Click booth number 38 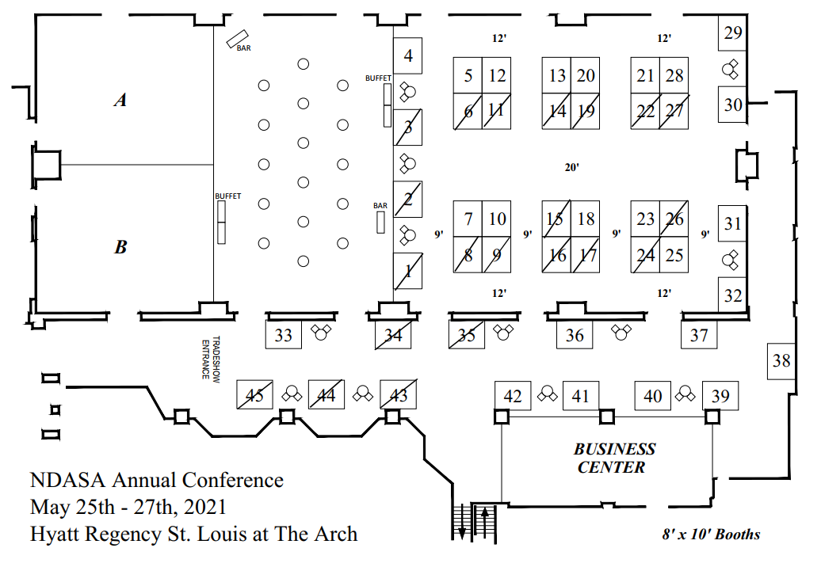(781, 360)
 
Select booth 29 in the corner (733, 33)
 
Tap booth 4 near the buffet (408, 56)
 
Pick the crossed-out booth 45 (254, 394)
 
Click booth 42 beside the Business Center (513, 395)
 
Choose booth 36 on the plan (575, 335)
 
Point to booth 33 (283, 335)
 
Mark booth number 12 (497, 75)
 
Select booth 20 (586, 75)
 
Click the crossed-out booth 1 (408, 271)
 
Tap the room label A (120, 101)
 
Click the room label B (120, 248)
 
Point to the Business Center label (614, 459)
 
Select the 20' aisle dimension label (572, 167)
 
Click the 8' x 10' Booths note (711, 535)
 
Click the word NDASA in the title (68, 480)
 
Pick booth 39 (720, 395)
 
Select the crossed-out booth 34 (393, 335)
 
